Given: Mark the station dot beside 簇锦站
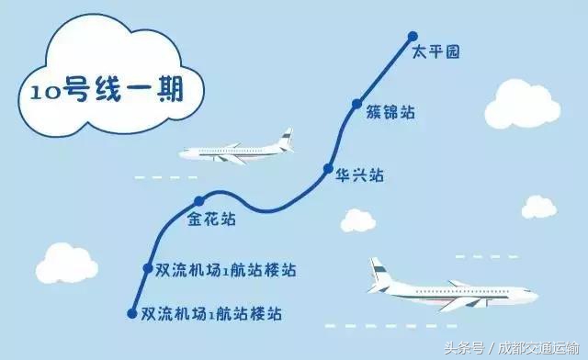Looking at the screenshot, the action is (x=358, y=106).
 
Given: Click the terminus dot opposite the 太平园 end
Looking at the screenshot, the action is (x=131, y=313).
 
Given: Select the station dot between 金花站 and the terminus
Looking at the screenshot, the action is (x=147, y=267).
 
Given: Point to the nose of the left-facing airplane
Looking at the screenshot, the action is (x=183, y=152).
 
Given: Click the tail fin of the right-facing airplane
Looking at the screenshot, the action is (x=376, y=270).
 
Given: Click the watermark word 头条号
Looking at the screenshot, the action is (x=465, y=348).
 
